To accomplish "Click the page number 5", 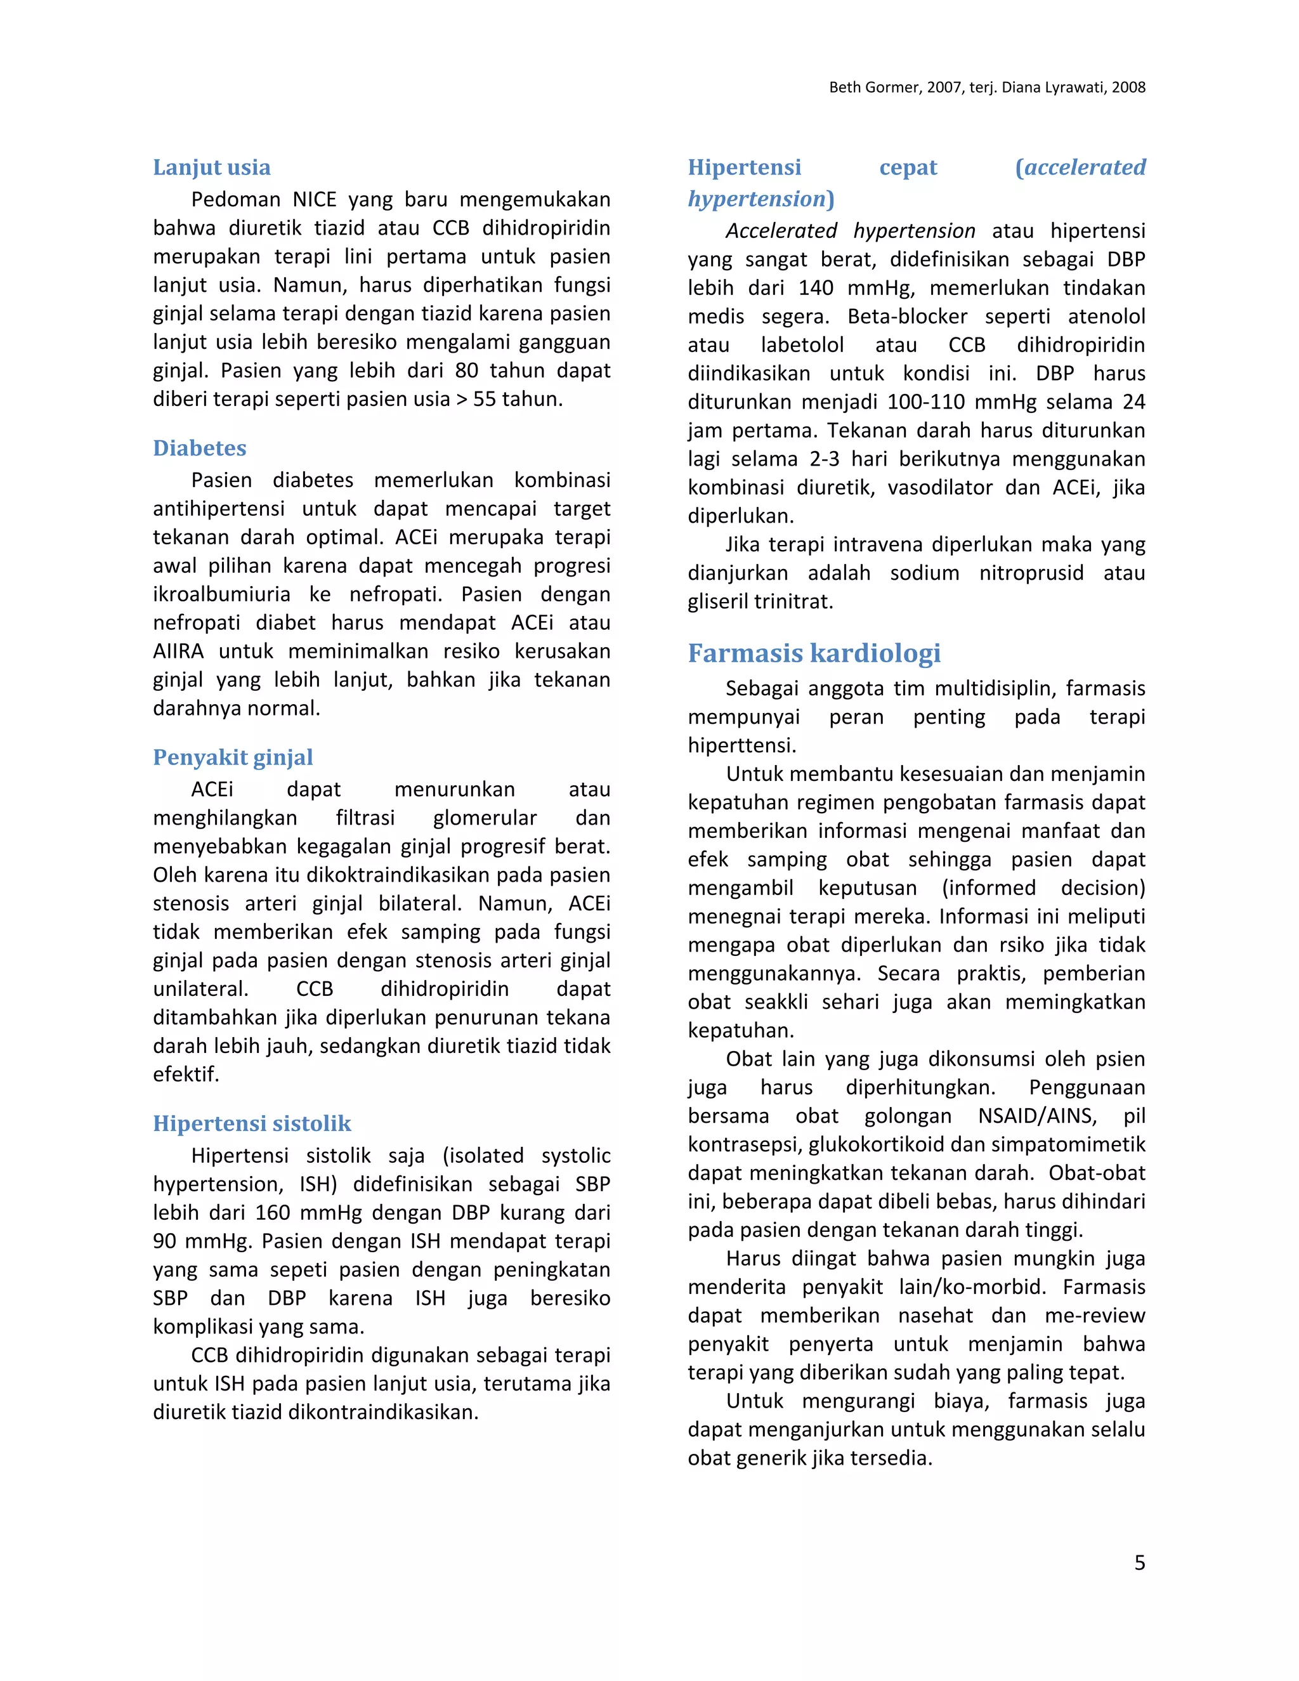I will (x=1139, y=1562).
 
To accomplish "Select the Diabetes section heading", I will (x=199, y=448).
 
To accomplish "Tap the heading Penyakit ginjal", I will (x=232, y=757).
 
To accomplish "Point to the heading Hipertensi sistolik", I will (x=252, y=1124).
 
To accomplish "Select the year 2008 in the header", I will (x=1128, y=87).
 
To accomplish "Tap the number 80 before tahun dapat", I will (x=466, y=370).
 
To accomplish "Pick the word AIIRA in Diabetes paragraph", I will (x=178, y=651).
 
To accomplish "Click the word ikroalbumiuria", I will (x=221, y=594).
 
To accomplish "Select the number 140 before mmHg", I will (x=816, y=288).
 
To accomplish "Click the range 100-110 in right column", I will (x=926, y=402).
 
